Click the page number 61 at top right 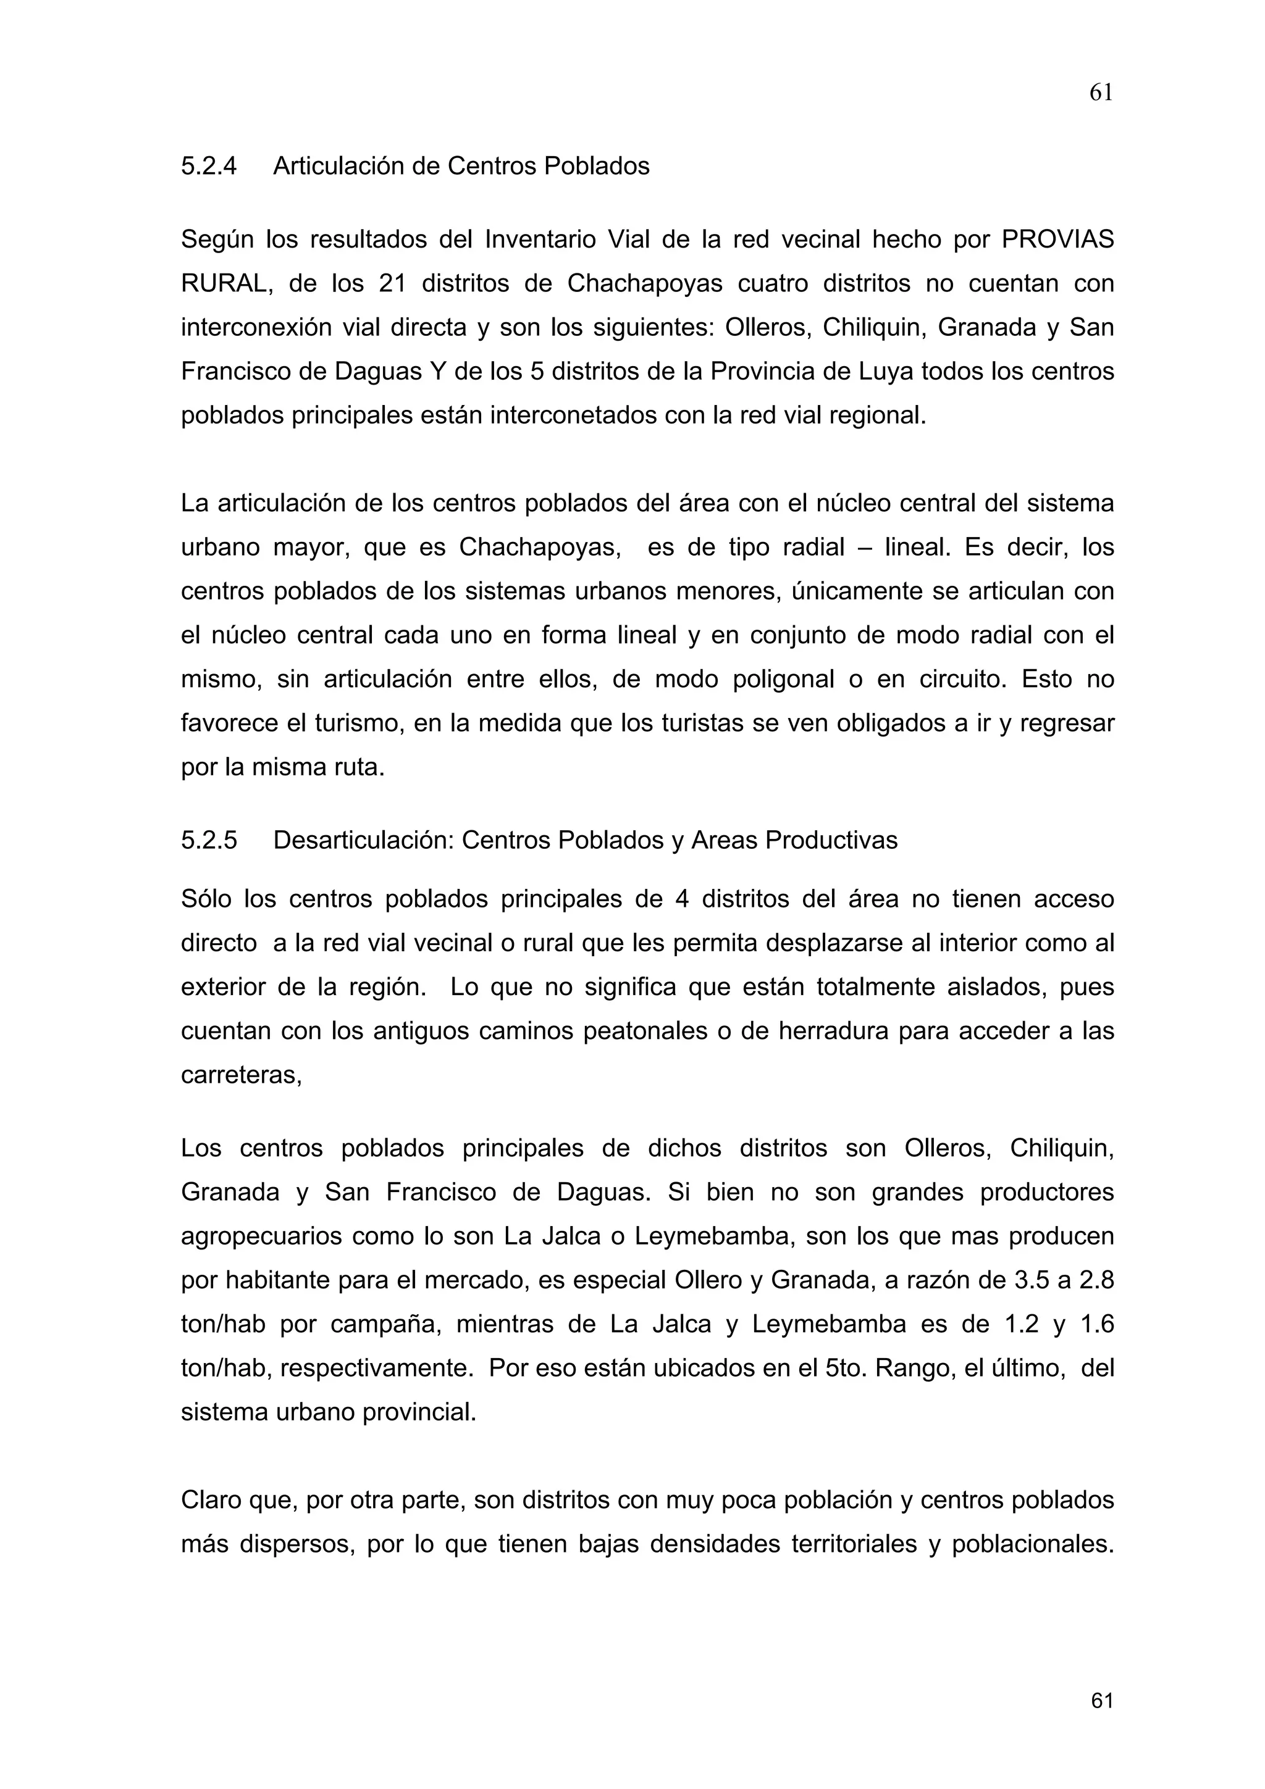pos(1101,93)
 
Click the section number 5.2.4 pos(208,166)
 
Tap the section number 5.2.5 pos(208,840)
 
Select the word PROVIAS pos(1057,239)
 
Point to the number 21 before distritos pos(393,283)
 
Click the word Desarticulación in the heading pos(363,840)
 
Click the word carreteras pos(240,1076)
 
